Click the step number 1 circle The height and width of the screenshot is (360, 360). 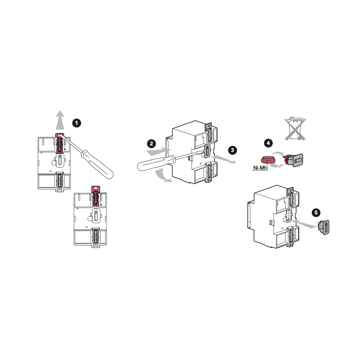coord(76,123)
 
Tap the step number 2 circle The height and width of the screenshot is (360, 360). coord(151,143)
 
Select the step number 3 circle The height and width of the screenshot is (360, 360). coord(232,150)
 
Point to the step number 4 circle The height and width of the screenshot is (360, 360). coord(268,143)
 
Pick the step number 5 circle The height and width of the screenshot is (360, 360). coord(316,212)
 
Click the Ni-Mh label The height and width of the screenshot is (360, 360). coord(260,168)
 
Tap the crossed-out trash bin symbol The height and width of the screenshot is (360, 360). coord(295,128)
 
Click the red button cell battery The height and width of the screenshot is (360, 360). coord(267,159)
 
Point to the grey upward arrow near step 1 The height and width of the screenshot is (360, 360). coord(60,120)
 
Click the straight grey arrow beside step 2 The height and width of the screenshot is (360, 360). coord(158,151)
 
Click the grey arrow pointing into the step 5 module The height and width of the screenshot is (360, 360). coord(304,224)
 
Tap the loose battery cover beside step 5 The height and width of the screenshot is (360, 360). coord(323,227)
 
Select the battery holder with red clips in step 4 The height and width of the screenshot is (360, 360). coord(293,160)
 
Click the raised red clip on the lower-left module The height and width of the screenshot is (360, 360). coord(96,195)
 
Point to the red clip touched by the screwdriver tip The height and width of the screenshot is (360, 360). coord(60,143)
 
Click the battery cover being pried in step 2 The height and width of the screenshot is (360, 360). coord(207,151)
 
